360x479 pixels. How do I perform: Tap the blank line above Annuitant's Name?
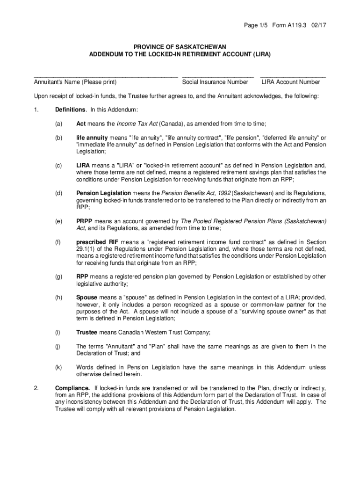[106, 76]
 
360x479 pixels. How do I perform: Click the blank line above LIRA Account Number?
[293, 76]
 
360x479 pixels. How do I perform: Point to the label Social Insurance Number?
[215, 82]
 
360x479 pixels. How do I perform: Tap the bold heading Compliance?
[72, 389]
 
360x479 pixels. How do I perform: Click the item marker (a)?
[58, 123]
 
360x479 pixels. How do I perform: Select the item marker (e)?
[58, 221]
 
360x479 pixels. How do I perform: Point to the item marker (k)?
[58, 368]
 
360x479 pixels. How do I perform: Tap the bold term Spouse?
[86, 298]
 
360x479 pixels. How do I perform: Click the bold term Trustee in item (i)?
[86, 333]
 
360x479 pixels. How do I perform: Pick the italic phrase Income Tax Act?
[137, 123]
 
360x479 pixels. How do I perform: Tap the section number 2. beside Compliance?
[36, 389]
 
